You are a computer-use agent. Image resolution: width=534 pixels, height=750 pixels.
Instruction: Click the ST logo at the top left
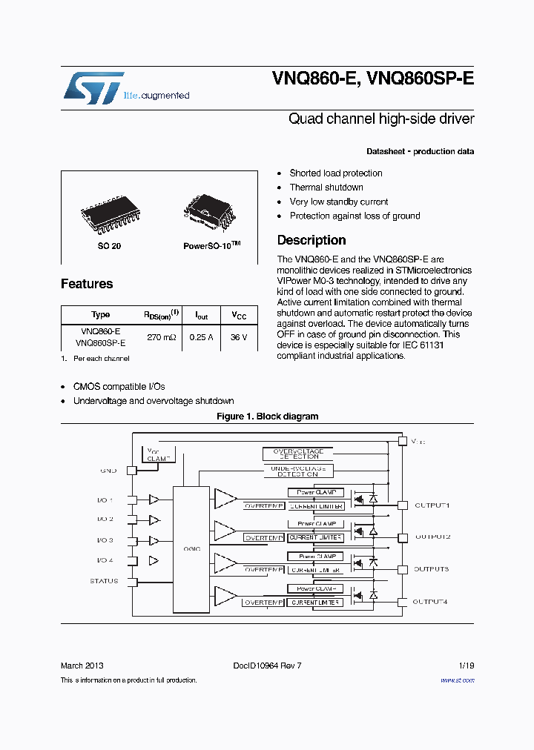tap(93, 87)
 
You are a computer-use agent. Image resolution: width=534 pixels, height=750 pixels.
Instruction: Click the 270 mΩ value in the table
tap(161, 337)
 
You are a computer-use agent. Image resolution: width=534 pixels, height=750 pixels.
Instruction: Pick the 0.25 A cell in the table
tap(201, 337)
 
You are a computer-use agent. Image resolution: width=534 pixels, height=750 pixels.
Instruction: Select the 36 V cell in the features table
tap(239, 337)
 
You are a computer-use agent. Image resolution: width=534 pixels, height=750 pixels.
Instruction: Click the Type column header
tap(100, 315)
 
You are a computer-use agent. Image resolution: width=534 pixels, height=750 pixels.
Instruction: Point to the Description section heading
tap(311, 240)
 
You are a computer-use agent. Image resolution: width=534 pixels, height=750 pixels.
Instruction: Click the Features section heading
tap(87, 284)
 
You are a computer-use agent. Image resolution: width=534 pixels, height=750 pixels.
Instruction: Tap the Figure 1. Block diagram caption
tap(267, 417)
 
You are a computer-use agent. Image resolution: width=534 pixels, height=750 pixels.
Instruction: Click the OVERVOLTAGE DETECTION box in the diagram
tap(298, 454)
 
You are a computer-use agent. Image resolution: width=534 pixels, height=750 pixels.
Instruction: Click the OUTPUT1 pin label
tap(432, 505)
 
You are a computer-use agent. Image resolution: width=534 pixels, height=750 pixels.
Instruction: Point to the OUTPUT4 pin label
tap(430, 602)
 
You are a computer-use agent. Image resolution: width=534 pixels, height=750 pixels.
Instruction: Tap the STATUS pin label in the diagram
tap(104, 581)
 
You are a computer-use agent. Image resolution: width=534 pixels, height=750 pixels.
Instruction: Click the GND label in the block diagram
tap(108, 471)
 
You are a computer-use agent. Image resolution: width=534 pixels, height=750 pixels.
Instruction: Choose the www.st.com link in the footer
tap(457, 680)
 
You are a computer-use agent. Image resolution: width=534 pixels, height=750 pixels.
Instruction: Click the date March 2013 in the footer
tap(82, 666)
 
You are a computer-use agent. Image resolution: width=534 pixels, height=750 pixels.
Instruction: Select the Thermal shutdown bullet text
tap(326, 187)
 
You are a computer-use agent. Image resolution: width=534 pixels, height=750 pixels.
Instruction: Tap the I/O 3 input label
tap(105, 540)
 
